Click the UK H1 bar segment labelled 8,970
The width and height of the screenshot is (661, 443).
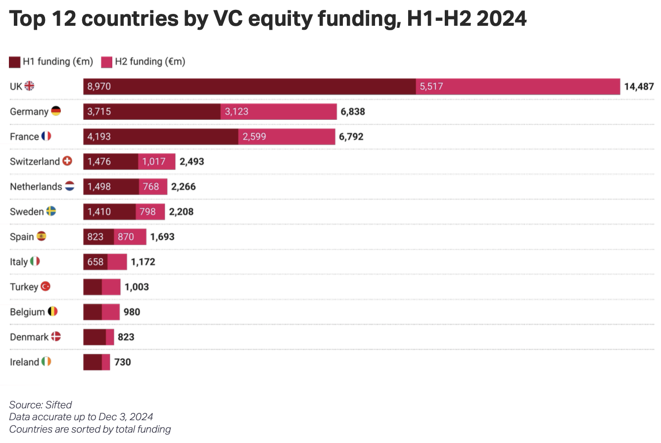point(249,87)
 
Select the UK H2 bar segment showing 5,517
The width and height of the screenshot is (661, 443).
point(518,87)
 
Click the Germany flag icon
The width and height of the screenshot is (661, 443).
point(56,111)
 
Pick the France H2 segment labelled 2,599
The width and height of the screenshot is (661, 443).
point(286,137)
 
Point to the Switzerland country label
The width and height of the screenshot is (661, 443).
point(35,162)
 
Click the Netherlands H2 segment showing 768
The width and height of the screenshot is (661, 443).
point(153,187)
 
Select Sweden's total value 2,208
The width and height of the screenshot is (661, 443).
point(181,212)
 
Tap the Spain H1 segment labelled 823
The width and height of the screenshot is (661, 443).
point(98,237)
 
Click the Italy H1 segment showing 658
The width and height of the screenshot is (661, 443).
point(95,262)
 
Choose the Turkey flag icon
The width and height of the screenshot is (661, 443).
point(46,287)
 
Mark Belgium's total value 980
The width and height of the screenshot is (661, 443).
point(132,312)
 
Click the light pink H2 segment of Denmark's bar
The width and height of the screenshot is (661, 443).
point(110,337)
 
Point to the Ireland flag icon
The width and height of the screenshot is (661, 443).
point(47,362)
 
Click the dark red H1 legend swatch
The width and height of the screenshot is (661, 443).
point(15,62)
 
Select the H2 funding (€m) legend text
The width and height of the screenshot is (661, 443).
point(150,62)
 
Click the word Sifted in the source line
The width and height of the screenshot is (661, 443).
point(59,405)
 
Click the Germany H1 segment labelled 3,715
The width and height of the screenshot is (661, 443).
point(152,111)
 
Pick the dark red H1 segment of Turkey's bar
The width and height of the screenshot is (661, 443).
point(93,287)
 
